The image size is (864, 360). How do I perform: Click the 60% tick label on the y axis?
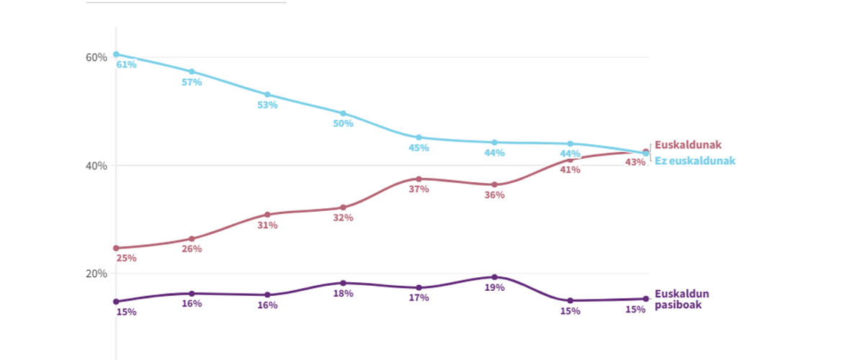(x=96, y=57)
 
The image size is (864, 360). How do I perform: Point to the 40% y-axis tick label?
(x=96, y=166)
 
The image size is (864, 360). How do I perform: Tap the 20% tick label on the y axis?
(x=96, y=274)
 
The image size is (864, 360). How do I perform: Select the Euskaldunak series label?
(x=688, y=145)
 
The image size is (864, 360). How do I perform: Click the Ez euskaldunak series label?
(x=695, y=161)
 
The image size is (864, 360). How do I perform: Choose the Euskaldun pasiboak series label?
(x=682, y=299)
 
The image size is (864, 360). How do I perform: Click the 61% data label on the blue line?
(x=126, y=65)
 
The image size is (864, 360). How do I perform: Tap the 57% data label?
(x=192, y=82)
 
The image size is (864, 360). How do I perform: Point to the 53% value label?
(x=267, y=105)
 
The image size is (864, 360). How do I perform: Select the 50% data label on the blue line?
(x=343, y=123)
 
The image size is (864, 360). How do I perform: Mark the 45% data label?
(x=418, y=148)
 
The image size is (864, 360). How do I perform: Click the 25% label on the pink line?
(x=126, y=258)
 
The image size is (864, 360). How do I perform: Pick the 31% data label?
(x=267, y=225)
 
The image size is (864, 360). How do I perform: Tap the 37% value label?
(x=418, y=189)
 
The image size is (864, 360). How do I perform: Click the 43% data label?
(x=636, y=162)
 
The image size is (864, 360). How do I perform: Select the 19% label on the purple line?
(x=495, y=287)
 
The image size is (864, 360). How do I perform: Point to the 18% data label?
(x=343, y=293)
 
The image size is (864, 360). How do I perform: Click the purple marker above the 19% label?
(x=495, y=277)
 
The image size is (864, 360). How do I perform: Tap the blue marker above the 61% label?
(x=116, y=54)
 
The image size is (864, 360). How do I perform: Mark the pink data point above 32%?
(x=343, y=207)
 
